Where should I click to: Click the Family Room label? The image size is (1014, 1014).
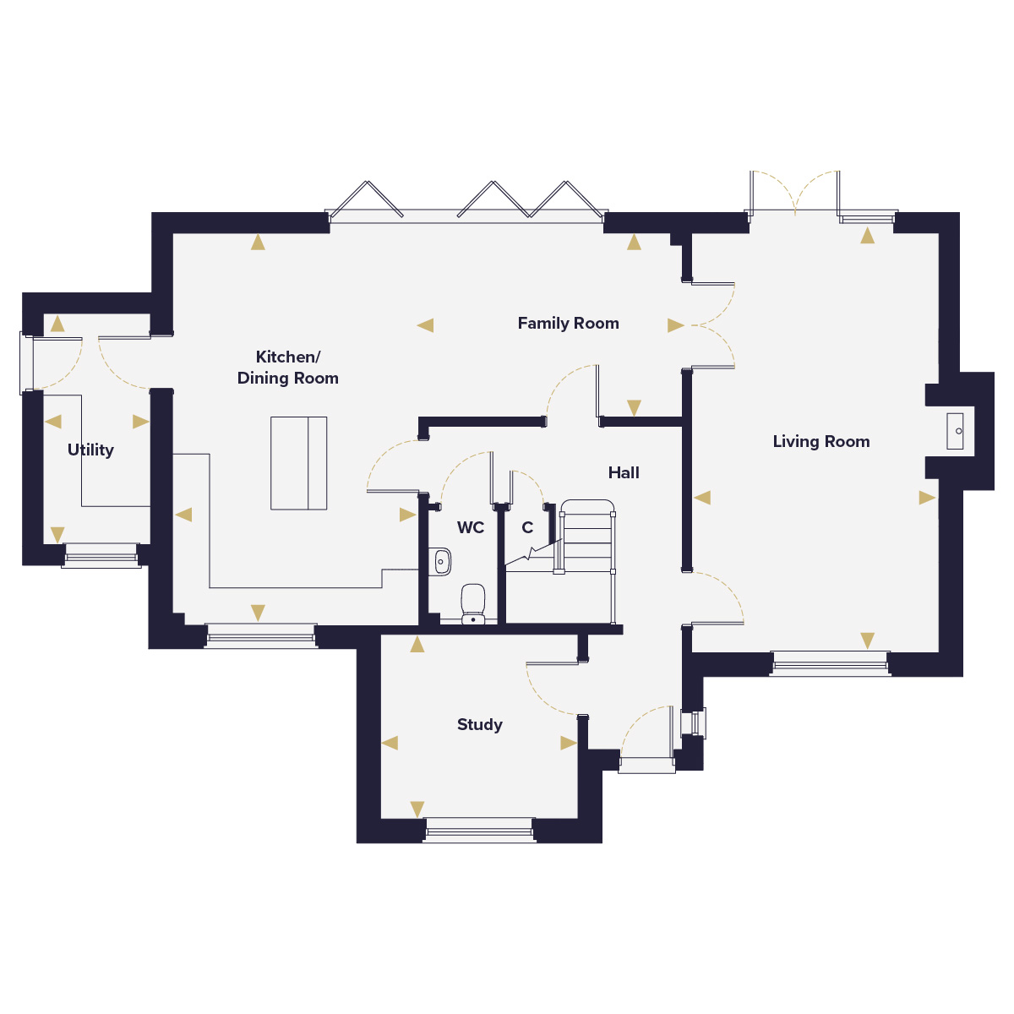pyautogui.click(x=568, y=323)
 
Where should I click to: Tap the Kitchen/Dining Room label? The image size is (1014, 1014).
pyautogui.click(x=287, y=368)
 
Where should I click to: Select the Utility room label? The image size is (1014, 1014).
pyautogui.click(x=90, y=450)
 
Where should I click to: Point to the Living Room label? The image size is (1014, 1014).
pyautogui.click(x=820, y=441)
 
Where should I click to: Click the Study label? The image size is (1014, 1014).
pyautogui.click(x=479, y=724)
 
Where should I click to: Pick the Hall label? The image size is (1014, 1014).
pyautogui.click(x=624, y=472)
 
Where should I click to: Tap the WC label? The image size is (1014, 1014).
pyautogui.click(x=471, y=527)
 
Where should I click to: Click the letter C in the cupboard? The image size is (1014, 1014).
pyautogui.click(x=527, y=527)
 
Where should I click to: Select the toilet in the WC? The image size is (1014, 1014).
pyautogui.click(x=472, y=603)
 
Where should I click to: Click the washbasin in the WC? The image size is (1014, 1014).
pyautogui.click(x=440, y=562)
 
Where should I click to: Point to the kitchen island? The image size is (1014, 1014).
pyautogui.click(x=298, y=463)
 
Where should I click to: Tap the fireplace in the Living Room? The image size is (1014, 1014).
pyautogui.click(x=955, y=431)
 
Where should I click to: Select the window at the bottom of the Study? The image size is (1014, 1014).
pyautogui.click(x=479, y=831)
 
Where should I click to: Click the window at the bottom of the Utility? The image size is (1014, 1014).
pyautogui.click(x=101, y=556)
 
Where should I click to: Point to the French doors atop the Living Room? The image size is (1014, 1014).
pyautogui.click(x=794, y=193)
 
